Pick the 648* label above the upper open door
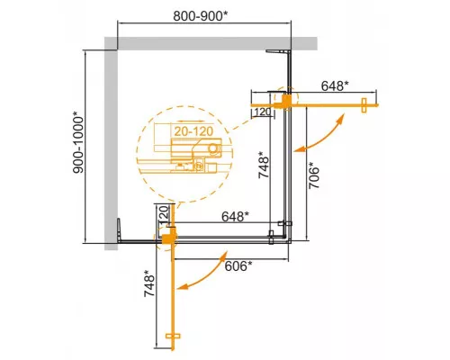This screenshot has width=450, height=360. (334, 86)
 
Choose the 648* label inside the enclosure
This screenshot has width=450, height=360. (237, 216)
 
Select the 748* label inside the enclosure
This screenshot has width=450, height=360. (263, 166)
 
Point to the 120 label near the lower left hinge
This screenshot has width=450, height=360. (163, 216)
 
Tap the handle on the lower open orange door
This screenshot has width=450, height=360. (175, 340)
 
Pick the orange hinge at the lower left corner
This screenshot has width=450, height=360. (168, 237)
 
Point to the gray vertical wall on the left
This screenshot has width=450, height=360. (111, 144)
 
